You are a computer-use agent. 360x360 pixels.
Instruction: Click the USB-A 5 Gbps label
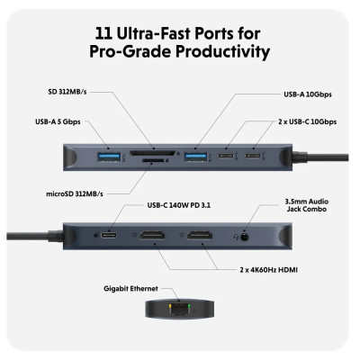coord(64,121)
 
